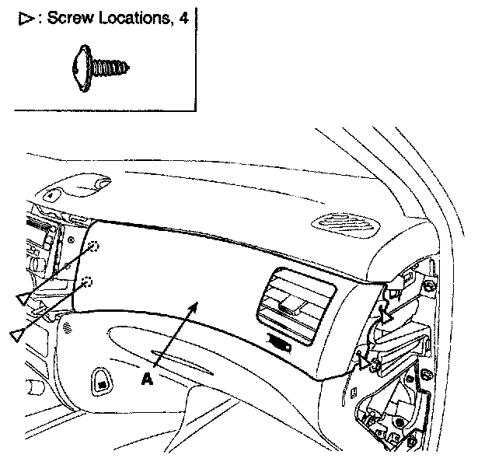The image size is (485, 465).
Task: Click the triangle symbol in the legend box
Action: [24, 19]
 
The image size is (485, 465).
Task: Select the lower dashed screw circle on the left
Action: [87, 281]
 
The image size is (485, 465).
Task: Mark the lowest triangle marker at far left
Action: [16, 334]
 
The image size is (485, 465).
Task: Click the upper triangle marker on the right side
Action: [386, 316]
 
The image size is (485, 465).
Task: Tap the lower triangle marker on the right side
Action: [361, 359]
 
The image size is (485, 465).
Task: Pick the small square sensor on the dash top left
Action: [49, 196]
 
